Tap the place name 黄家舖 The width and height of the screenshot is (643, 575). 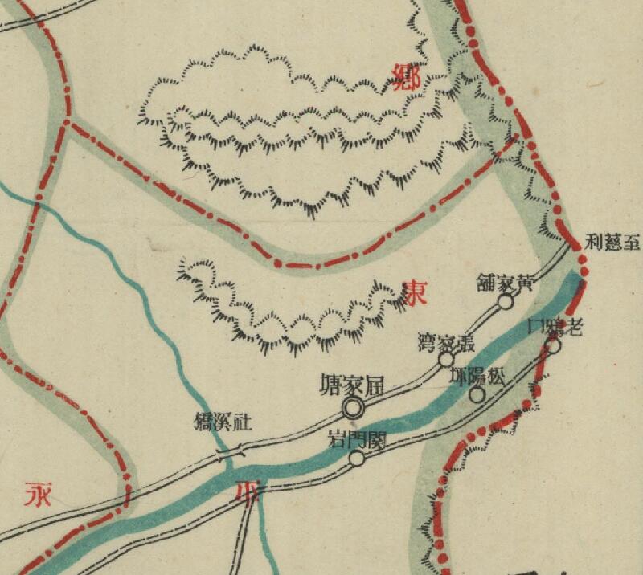505,283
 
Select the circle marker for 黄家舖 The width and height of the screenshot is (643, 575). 506,301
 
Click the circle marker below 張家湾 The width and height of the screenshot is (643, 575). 446,359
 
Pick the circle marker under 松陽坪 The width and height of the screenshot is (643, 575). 477,394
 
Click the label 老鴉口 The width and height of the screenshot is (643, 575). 555,326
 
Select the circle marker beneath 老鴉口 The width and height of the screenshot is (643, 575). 554,346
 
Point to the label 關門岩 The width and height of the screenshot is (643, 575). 358,439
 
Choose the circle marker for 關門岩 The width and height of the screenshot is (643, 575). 356,459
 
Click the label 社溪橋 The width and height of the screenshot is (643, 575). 219,422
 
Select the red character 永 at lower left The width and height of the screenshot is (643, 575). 39,491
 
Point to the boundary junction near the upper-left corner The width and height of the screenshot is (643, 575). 69,123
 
